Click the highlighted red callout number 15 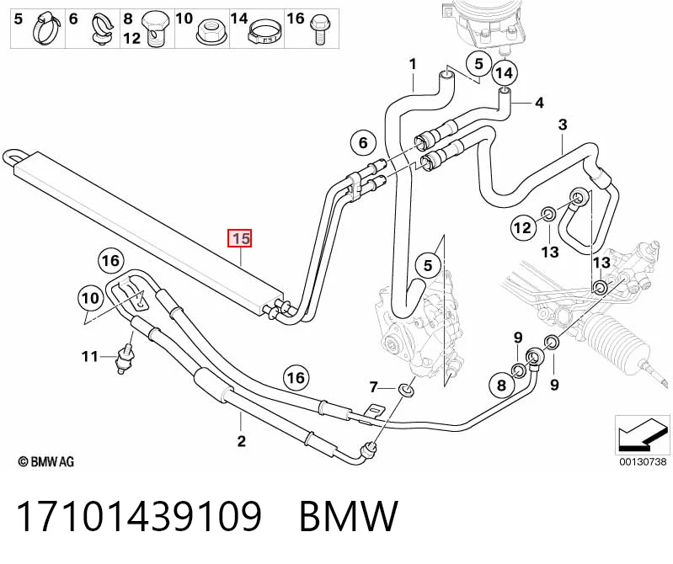click(239, 238)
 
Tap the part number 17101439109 click(139, 516)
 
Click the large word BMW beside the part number click(349, 516)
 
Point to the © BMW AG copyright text click(46, 462)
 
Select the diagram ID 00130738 click(643, 461)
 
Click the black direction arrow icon click(643, 435)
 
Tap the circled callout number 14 click(505, 73)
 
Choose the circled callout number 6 click(363, 142)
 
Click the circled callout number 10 click(90, 298)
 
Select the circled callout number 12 click(523, 227)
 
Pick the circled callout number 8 click(501, 385)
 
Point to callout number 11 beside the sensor click(89, 356)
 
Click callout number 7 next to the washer click(373, 388)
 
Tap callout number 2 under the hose click(241, 440)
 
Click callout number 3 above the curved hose click(563, 125)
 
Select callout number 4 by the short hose click(539, 103)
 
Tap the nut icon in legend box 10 click(210, 33)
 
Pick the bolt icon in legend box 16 click(319, 29)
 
